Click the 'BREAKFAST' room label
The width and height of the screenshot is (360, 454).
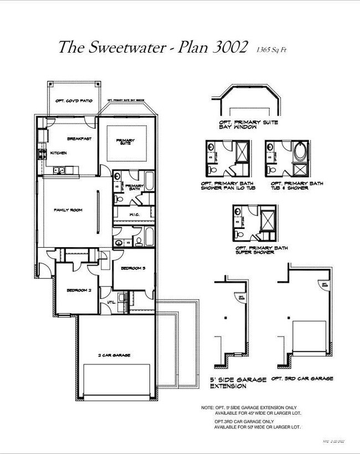(79, 139)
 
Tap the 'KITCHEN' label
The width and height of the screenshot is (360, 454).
(59, 152)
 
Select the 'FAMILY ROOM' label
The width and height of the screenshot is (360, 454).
(68, 210)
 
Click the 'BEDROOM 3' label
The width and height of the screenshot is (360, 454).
(133, 268)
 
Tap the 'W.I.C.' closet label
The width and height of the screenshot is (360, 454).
(133, 215)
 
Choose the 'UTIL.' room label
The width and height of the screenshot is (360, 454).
(110, 303)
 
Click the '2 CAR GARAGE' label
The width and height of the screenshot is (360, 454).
(114, 355)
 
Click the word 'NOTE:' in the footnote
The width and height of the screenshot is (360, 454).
(207, 407)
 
